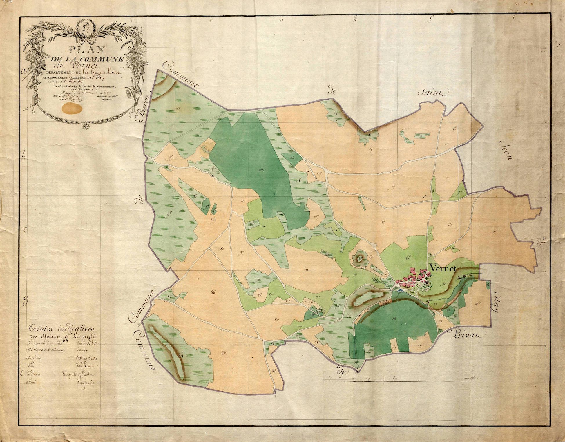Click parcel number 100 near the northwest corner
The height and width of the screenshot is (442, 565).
pyautogui.click(x=177, y=109)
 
